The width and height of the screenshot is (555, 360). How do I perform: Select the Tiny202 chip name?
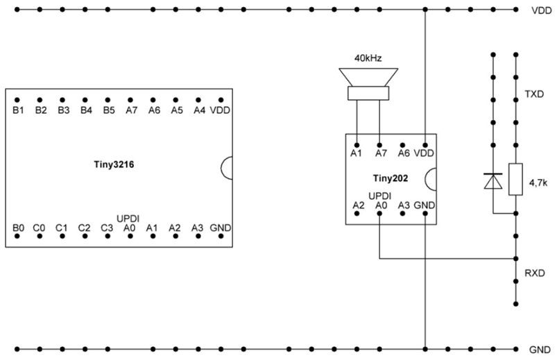click(x=388, y=178)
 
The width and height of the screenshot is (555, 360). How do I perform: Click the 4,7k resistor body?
click(x=515, y=179)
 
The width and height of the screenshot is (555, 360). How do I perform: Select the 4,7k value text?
click(x=538, y=185)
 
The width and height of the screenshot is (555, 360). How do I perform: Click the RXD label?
click(x=535, y=273)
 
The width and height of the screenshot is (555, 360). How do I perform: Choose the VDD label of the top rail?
click(x=540, y=11)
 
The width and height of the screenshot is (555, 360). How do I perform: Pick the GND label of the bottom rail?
click(x=540, y=350)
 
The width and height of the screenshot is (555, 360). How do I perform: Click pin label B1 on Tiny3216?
click(x=18, y=110)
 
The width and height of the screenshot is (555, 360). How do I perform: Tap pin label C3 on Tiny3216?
click(x=106, y=227)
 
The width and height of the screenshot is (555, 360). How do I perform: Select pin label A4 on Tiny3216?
click(x=199, y=110)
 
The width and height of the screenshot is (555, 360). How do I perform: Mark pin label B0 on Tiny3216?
click(x=18, y=227)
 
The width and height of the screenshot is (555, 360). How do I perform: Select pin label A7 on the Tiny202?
click(x=379, y=153)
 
